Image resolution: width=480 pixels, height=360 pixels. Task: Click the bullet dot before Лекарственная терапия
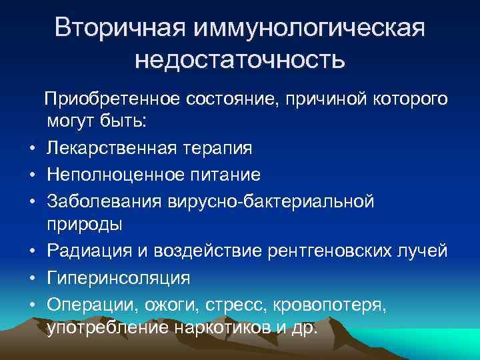[x=31, y=149]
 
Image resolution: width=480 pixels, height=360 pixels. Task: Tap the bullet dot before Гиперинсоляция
[x=31, y=277]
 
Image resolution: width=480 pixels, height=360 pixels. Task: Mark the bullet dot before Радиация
[x=31, y=251]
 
